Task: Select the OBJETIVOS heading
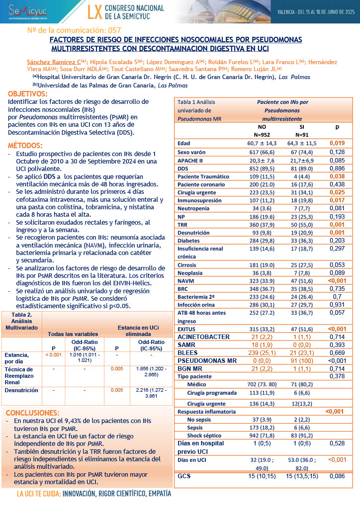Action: (28, 94)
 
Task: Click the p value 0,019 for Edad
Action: (337, 143)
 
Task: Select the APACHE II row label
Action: (190, 161)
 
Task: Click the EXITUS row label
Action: (187, 329)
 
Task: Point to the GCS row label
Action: (184, 477)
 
